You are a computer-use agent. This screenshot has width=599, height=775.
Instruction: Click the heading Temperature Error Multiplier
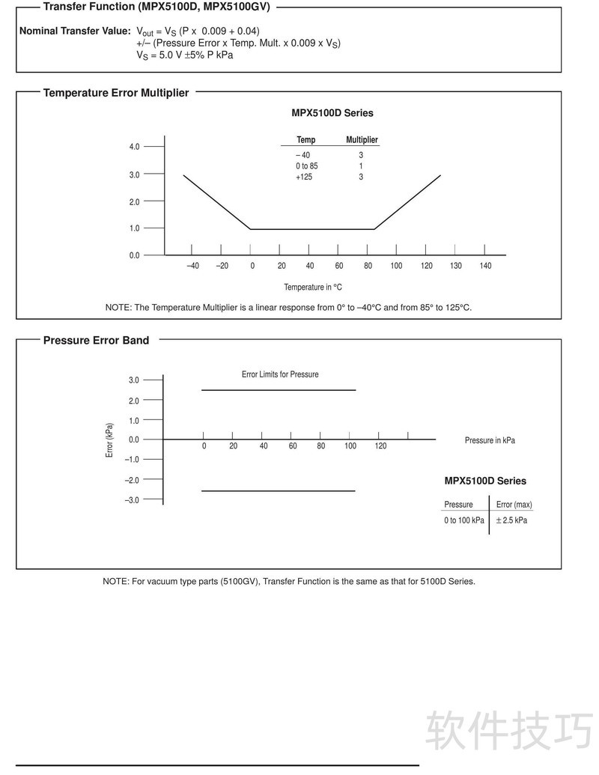click(116, 93)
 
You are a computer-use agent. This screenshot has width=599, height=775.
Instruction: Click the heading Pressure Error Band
click(96, 340)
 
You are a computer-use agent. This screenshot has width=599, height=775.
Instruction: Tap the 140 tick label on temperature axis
click(485, 266)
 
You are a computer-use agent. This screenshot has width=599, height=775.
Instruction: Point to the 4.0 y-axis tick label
click(134, 147)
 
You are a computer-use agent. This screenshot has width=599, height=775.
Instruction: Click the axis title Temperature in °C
click(313, 287)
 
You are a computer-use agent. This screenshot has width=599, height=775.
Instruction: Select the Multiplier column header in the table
click(362, 140)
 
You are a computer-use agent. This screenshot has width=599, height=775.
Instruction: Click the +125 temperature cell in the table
click(304, 177)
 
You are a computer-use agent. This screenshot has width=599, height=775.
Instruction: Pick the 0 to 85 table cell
click(306, 165)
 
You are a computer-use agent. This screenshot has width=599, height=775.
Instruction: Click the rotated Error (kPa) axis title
click(109, 440)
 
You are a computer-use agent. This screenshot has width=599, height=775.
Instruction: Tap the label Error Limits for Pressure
click(279, 374)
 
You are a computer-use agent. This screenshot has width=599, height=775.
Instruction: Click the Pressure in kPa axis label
click(490, 440)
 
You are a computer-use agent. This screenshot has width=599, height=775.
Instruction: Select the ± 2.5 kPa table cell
click(511, 520)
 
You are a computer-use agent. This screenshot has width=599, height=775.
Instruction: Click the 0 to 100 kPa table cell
click(463, 520)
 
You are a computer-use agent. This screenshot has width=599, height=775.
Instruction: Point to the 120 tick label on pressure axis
click(380, 446)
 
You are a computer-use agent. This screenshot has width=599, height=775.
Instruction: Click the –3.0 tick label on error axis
click(132, 500)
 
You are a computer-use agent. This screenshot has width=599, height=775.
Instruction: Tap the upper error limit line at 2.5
click(279, 390)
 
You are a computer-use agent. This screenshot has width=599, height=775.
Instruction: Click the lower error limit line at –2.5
click(279, 491)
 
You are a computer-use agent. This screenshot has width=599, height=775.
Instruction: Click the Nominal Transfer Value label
click(75, 31)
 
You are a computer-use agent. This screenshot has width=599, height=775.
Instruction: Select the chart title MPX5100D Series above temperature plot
click(332, 113)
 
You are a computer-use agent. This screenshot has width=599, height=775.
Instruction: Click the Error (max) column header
click(514, 505)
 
